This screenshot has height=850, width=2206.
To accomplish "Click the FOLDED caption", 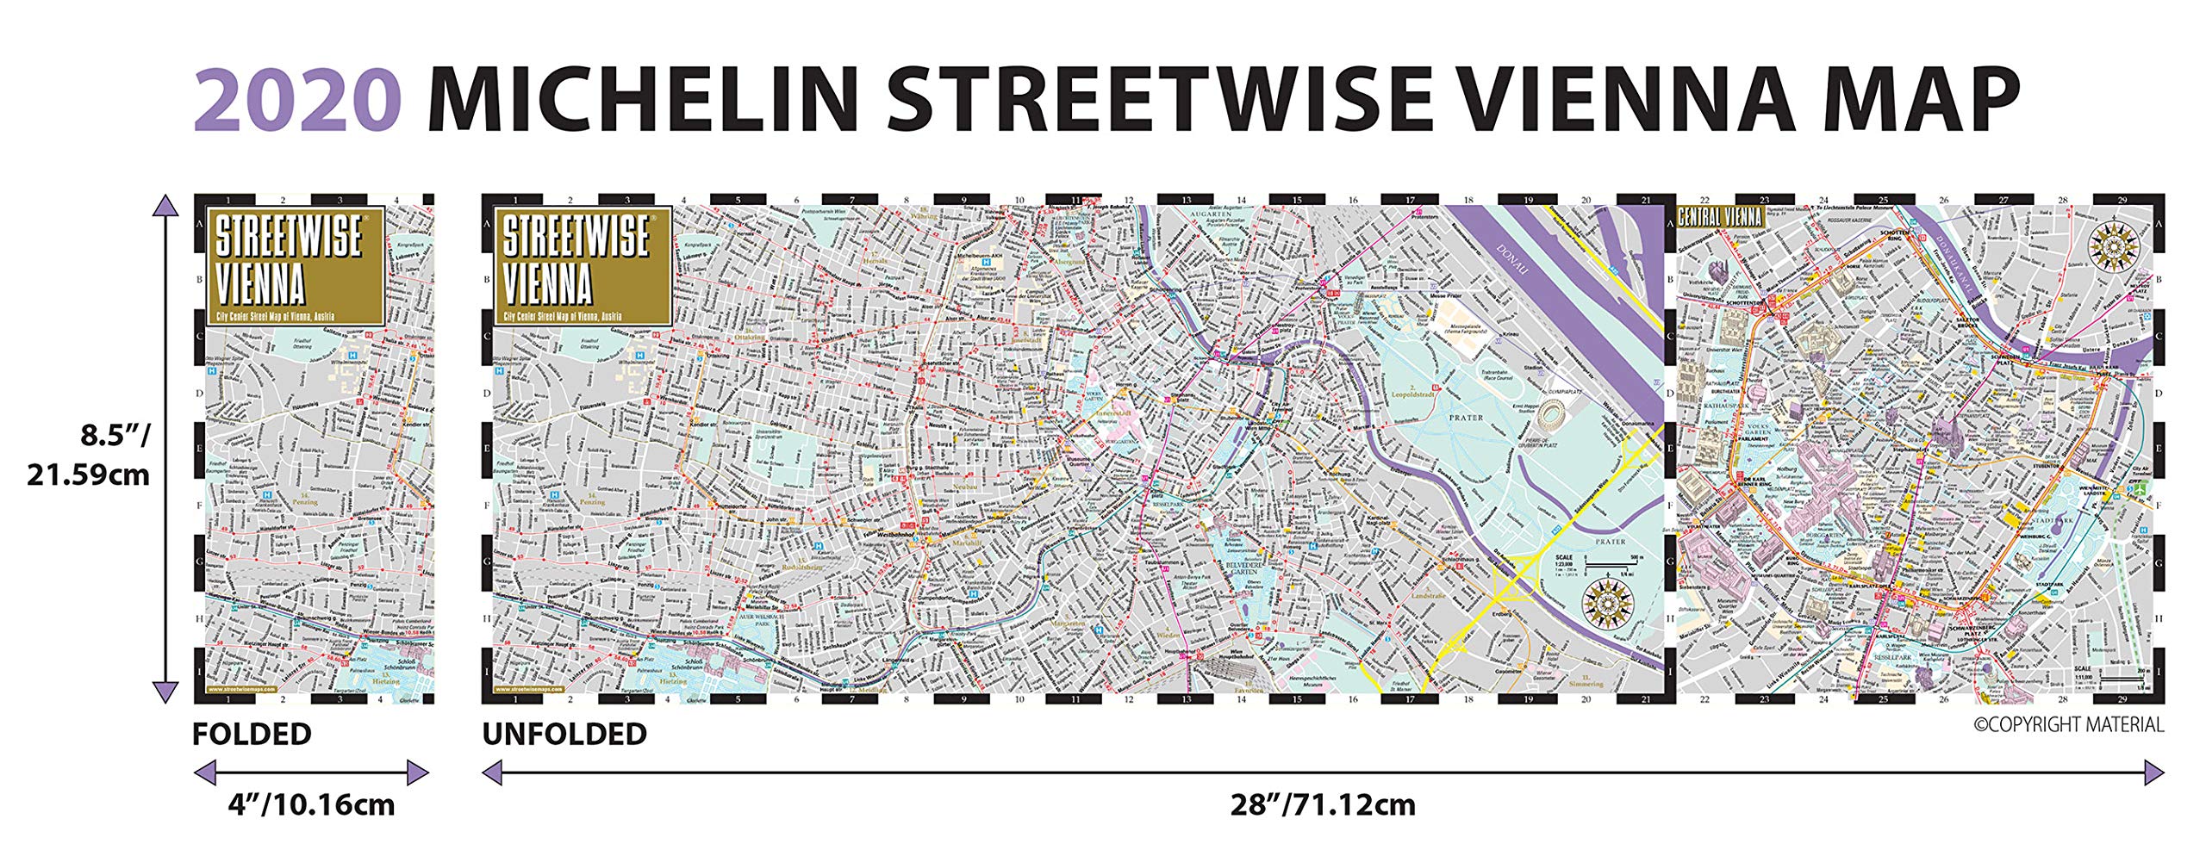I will click(x=252, y=735).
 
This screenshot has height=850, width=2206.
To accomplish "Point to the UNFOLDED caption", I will click(x=564, y=735).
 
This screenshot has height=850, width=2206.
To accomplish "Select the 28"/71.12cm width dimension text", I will click(x=1322, y=805).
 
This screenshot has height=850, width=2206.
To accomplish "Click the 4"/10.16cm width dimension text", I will click(x=311, y=805).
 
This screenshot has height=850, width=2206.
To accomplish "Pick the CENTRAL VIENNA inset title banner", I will click(x=1719, y=217).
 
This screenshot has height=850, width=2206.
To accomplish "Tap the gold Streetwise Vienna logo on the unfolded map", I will click(x=583, y=265).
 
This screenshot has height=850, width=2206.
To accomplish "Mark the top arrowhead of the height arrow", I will click(x=165, y=208).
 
